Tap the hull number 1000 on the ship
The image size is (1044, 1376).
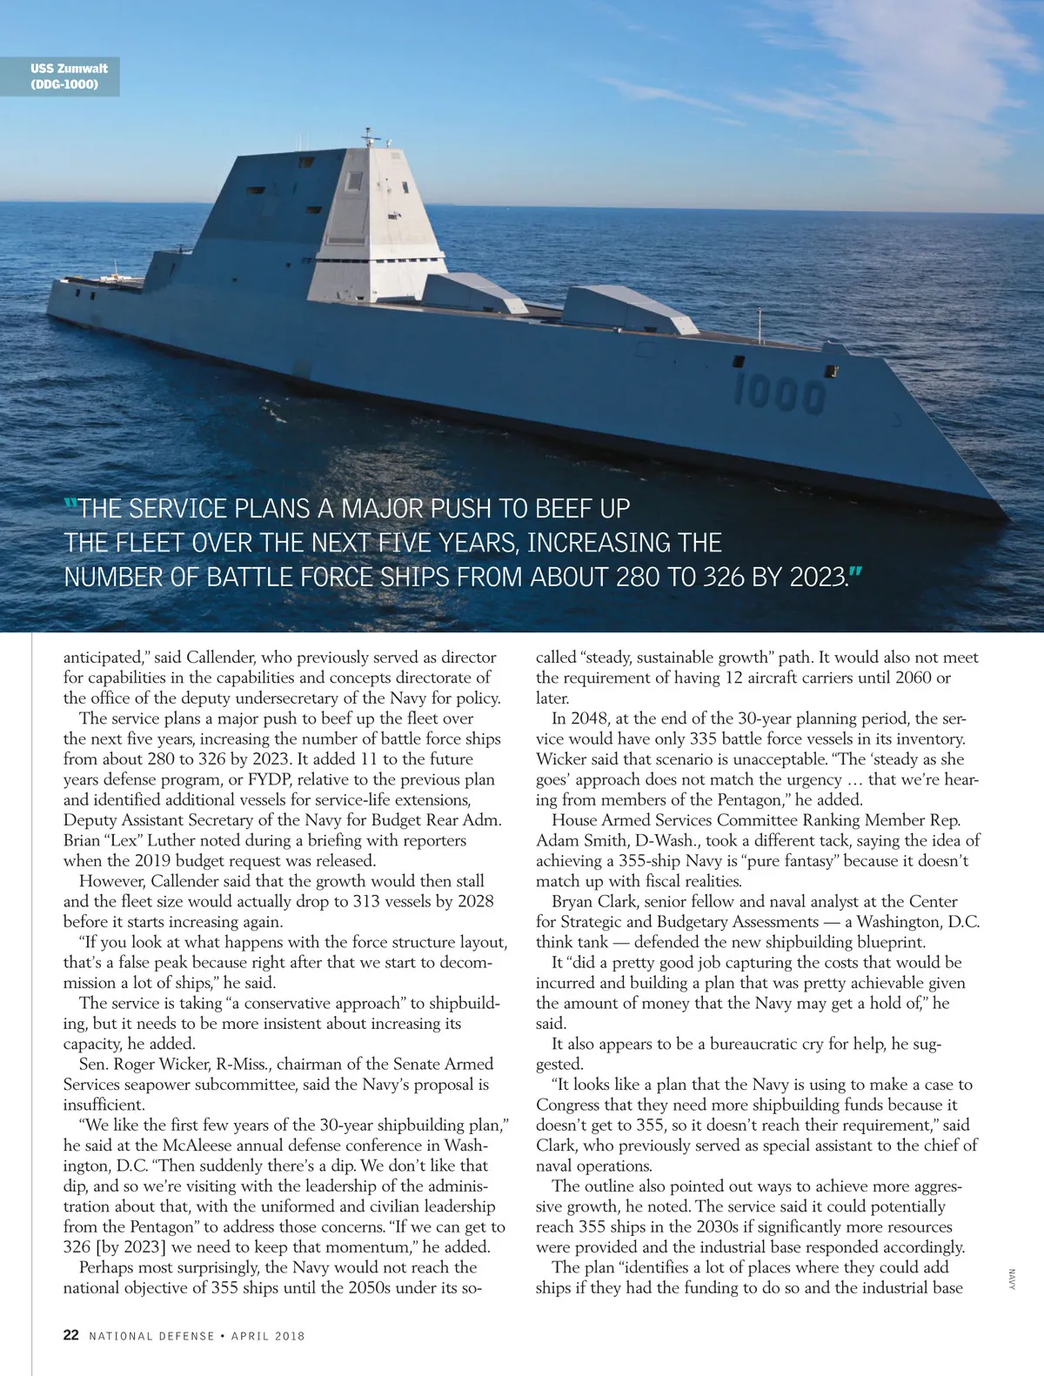780,393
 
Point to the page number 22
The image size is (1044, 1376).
71,1335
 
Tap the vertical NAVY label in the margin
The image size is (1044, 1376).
1012,1279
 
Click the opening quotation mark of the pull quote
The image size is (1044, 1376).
71,504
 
